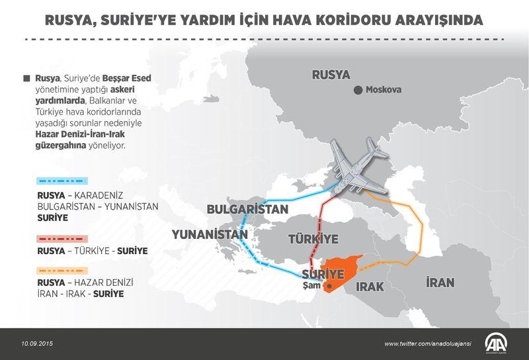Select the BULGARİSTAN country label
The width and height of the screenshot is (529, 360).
tap(248, 208)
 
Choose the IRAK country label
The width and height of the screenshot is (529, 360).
tap(370, 287)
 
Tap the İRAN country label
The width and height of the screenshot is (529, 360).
tap(440, 283)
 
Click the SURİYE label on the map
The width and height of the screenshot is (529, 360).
tap(322, 273)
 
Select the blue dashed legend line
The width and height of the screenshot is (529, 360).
tap(62, 181)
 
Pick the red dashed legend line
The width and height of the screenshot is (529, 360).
tap(62, 238)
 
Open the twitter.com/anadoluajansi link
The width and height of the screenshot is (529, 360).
tap(431, 343)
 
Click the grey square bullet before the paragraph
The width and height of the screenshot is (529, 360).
tap(26, 78)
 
